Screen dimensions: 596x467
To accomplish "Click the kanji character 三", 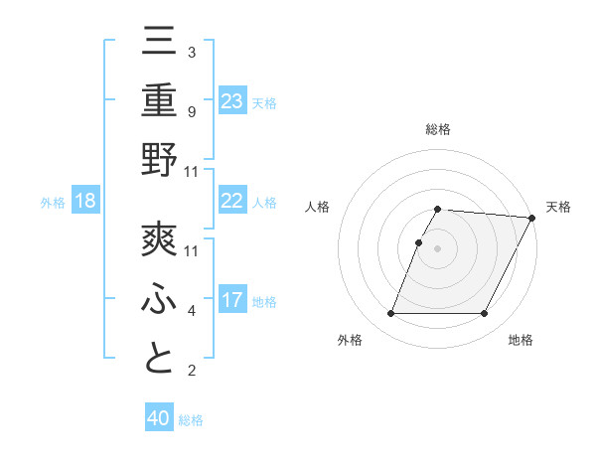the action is [159, 42].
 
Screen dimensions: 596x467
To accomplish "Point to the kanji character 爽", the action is [159, 239].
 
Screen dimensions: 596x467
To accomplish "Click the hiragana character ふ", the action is [159, 299].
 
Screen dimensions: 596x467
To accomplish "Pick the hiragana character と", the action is [159, 359].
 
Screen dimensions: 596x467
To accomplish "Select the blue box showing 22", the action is [232, 201].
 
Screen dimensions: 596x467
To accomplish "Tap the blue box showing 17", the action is [232, 299].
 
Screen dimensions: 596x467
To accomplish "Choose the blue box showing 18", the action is [85, 201].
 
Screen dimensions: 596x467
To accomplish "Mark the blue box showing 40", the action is [159, 418].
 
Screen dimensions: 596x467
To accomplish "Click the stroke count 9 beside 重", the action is [191, 111].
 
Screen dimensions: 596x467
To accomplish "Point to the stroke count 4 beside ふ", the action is [191, 311].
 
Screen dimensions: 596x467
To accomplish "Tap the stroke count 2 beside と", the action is [191, 372].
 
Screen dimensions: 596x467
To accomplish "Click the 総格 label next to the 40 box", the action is [191, 420].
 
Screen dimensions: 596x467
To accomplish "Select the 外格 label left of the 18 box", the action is [53, 202].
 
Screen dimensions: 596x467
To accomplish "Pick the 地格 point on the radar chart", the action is [485, 314].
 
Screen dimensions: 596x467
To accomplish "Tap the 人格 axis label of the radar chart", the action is [317, 207].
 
